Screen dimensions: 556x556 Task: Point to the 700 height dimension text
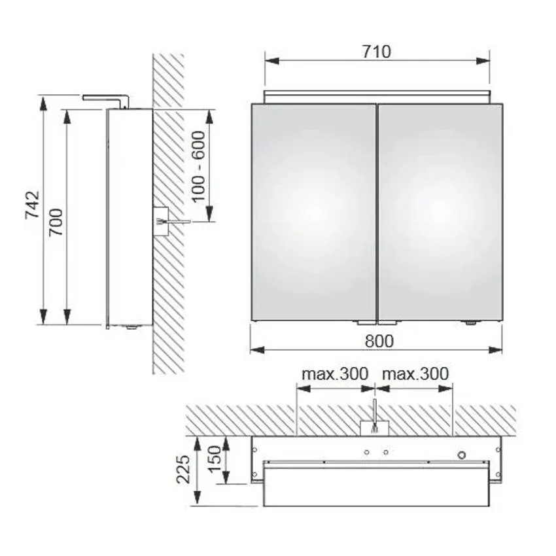56,222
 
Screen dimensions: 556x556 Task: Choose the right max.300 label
415,374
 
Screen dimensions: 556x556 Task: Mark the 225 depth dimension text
184,469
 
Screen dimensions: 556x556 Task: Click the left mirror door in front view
313,212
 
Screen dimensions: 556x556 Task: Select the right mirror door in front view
440,212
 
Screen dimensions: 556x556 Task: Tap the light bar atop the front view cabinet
377,97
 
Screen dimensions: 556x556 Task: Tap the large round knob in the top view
462,453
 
